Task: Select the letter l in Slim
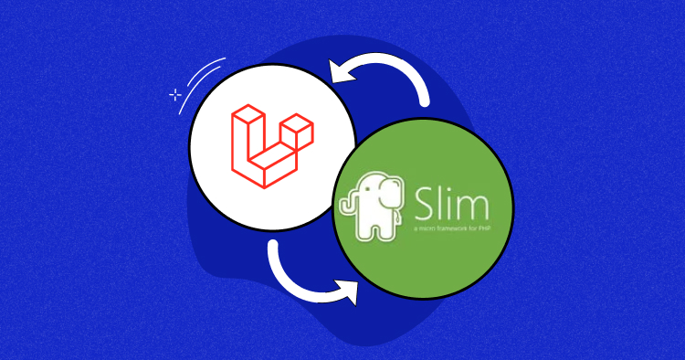click(x=443, y=198)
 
